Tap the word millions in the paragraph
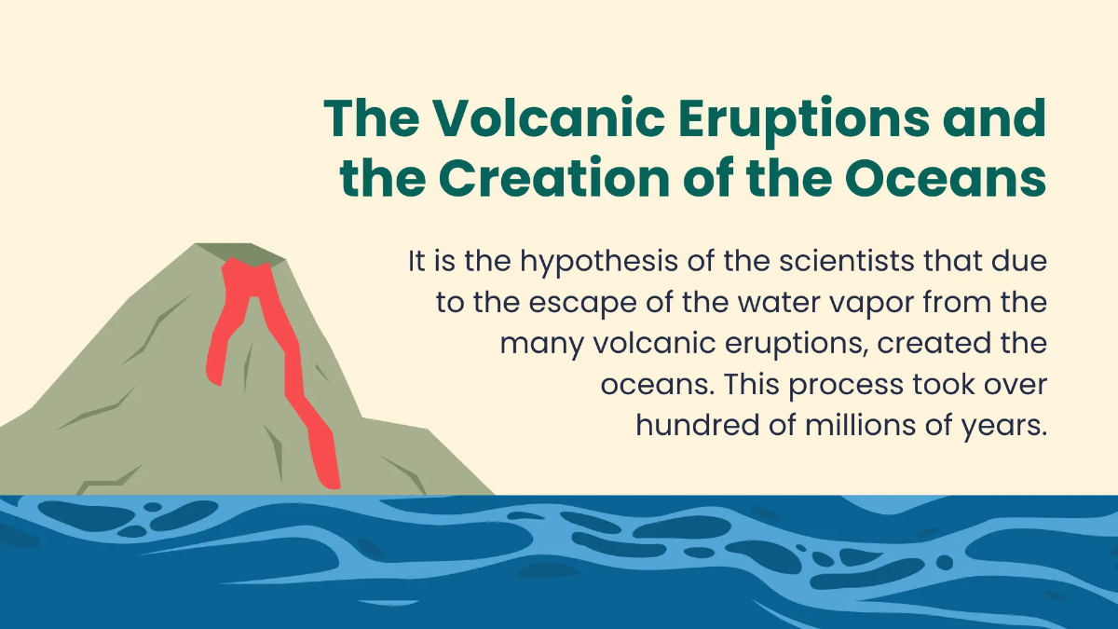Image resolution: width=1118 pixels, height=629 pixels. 849,426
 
